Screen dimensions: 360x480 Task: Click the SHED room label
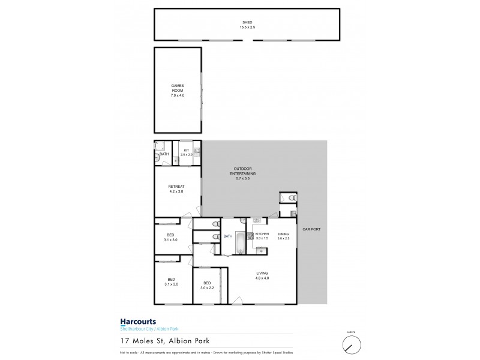coord(244,23)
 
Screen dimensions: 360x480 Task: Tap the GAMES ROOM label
coord(177,91)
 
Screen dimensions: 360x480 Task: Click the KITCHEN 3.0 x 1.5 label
coord(262,236)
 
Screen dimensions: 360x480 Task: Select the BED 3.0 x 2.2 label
coord(207,286)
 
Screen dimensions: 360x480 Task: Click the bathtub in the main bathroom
coord(240,243)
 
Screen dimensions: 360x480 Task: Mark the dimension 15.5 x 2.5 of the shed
coord(244,28)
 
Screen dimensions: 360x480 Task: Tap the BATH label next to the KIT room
coord(164,154)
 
